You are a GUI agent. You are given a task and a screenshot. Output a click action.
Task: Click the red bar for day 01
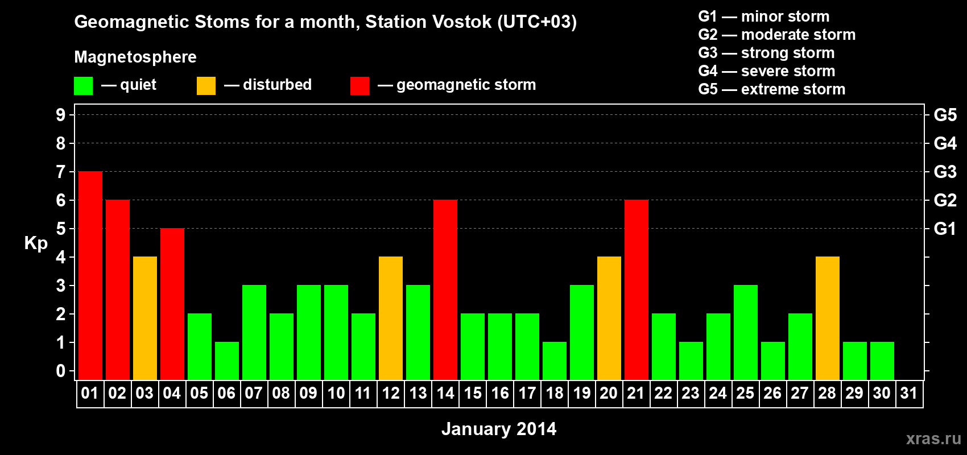click(x=90, y=275)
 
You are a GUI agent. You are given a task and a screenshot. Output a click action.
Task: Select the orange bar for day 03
click(x=145, y=318)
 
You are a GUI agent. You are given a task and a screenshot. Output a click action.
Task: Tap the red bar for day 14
click(x=445, y=289)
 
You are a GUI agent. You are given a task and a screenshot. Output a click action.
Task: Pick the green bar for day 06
click(x=227, y=361)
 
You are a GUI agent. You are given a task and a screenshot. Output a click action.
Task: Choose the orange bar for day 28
click(x=828, y=318)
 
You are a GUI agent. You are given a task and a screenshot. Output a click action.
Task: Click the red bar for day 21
click(x=637, y=289)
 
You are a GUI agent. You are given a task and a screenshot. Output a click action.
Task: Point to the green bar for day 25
click(x=746, y=332)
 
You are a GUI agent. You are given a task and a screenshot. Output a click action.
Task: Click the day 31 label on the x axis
click(x=909, y=393)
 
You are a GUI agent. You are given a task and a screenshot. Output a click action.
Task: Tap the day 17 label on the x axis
click(x=527, y=393)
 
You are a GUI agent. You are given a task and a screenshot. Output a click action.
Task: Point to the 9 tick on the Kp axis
click(x=60, y=115)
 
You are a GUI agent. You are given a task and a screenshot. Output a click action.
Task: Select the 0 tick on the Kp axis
click(x=60, y=371)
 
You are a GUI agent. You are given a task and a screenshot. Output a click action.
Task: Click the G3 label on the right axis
click(x=945, y=172)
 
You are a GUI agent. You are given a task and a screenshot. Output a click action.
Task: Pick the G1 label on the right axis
click(x=945, y=229)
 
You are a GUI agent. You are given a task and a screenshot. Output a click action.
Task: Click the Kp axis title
click(x=36, y=243)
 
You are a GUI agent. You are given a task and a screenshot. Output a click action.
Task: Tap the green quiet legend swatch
click(x=83, y=85)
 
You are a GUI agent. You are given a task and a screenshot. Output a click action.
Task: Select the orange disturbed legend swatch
click(x=206, y=85)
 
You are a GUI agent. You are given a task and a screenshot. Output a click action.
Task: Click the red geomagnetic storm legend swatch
click(x=359, y=85)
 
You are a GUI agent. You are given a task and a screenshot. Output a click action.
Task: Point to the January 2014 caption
click(x=499, y=429)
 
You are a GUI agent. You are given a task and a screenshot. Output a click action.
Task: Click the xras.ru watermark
click(x=933, y=439)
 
